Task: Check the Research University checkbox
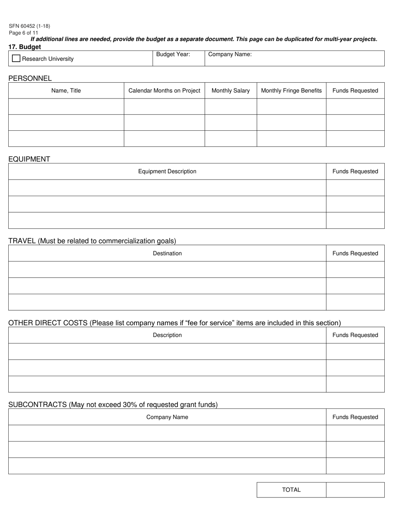16,58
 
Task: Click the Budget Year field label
173,54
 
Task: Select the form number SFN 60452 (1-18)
29,26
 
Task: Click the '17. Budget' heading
24,47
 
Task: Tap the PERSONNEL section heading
30,78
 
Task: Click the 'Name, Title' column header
66,91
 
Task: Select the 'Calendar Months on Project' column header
164,91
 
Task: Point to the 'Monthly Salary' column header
230,91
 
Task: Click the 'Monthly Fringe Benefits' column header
291,91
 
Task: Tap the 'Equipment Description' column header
167,171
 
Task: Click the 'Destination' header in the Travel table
167,253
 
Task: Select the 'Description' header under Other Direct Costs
167,335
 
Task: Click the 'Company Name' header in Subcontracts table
167,417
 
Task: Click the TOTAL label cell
291,490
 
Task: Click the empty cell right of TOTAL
355,490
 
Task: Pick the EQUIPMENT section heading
29,159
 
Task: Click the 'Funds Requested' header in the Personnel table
355,91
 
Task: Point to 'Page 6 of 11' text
24,33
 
